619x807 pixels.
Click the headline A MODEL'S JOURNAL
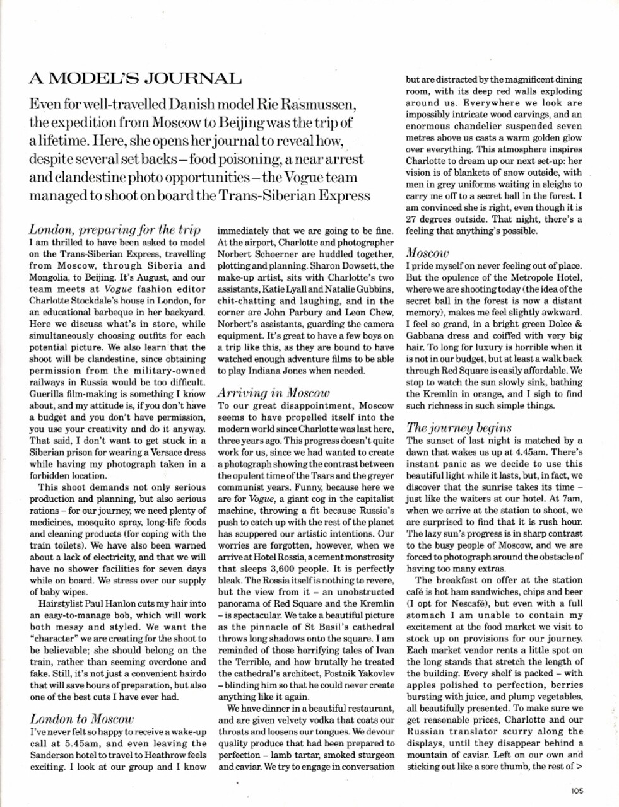click(135, 79)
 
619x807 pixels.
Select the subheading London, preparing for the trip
click(115, 229)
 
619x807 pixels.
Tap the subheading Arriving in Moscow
click(273, 392)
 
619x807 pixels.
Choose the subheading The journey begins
click(459, 427)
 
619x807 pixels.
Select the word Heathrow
click(162, 755)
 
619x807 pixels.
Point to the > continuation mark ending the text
click(579, 767)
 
